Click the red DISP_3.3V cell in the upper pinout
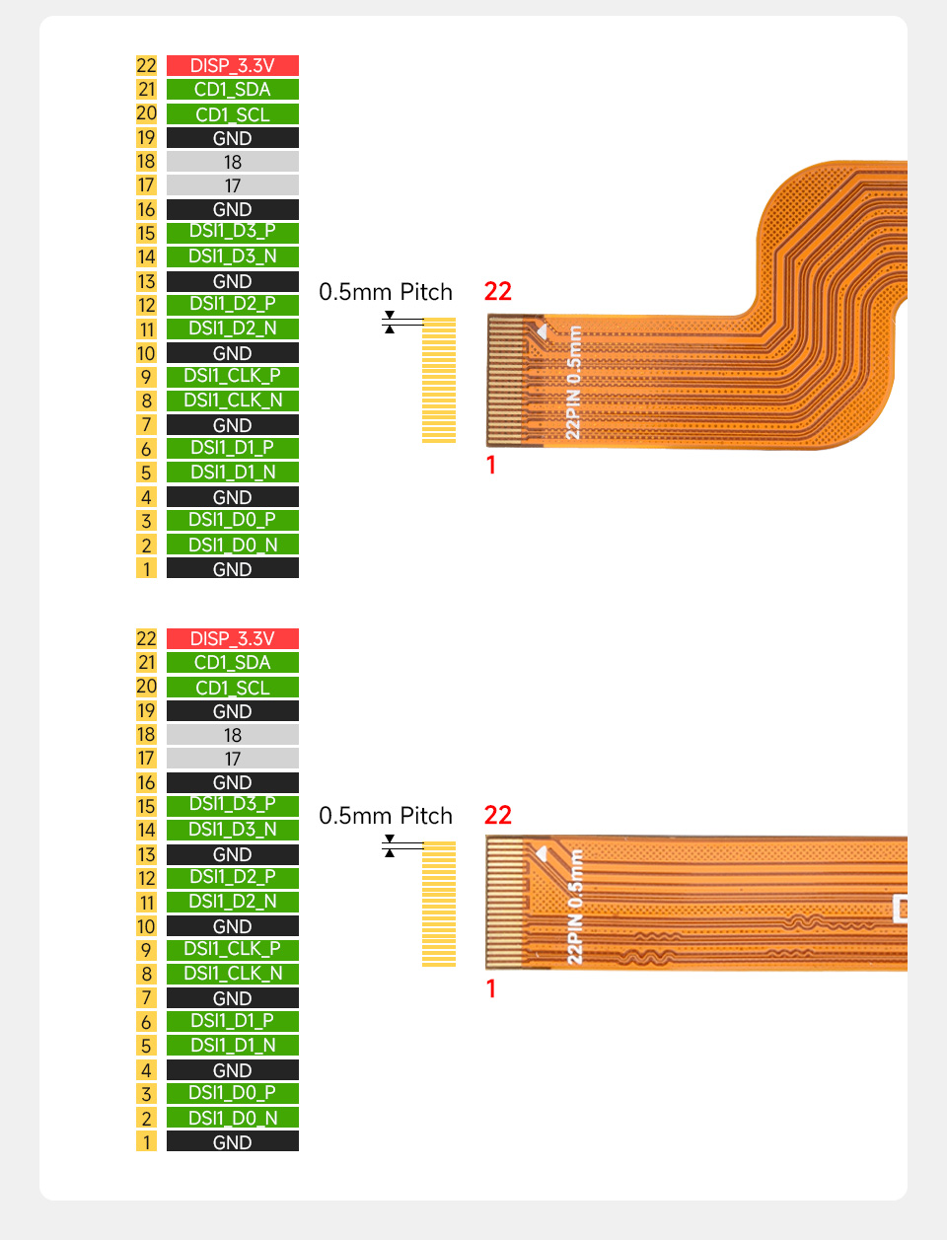coord(232,66)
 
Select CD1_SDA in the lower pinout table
coord(232,663)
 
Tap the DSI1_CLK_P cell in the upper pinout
coord(232,376)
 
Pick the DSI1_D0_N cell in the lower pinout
coord(232,1118)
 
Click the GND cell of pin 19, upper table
coord(232,138)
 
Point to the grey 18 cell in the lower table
coord(232,735)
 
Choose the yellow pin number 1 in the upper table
coord(146,569)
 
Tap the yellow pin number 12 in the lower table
coord(146,878)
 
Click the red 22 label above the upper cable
coord(498,291)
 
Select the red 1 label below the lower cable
coord(491,988)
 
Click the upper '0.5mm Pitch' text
coord(386,292)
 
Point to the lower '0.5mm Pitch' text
coord(386,816)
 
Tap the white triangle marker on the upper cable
coord(541,332)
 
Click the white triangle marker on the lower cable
coord(541,853)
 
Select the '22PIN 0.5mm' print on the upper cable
coord(574,383)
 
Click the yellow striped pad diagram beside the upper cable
coord(439,380)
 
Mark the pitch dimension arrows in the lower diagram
coord(390,846)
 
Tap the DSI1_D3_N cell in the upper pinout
coord(232,256)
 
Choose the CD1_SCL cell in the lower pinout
coord(232,688)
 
